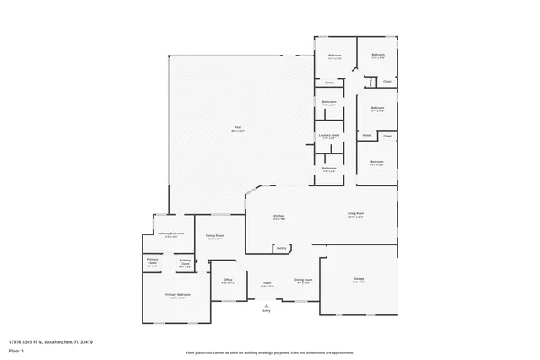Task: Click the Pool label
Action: (x=239, y=127)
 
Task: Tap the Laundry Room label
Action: (x=329, y=135)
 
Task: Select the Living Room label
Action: (x=355, y=214)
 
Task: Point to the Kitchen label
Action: (x=278, y=217)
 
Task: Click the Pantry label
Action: (x=282, y=248)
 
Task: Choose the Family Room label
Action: (x=215, y=236)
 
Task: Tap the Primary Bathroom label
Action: (x=171, y=234)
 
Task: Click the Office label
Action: (x=227, y=280)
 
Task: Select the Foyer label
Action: (x=267, y=284)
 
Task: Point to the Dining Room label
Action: (x=304, y=280)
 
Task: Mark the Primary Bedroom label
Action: (x=178, y=295)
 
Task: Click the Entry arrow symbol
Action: (x=267, y=305)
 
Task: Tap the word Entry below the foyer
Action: (x=267, y=311)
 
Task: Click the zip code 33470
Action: (x=87, y=341)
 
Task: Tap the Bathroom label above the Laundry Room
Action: (x=329, y=102)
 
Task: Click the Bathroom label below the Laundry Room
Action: (x=329, y=168)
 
